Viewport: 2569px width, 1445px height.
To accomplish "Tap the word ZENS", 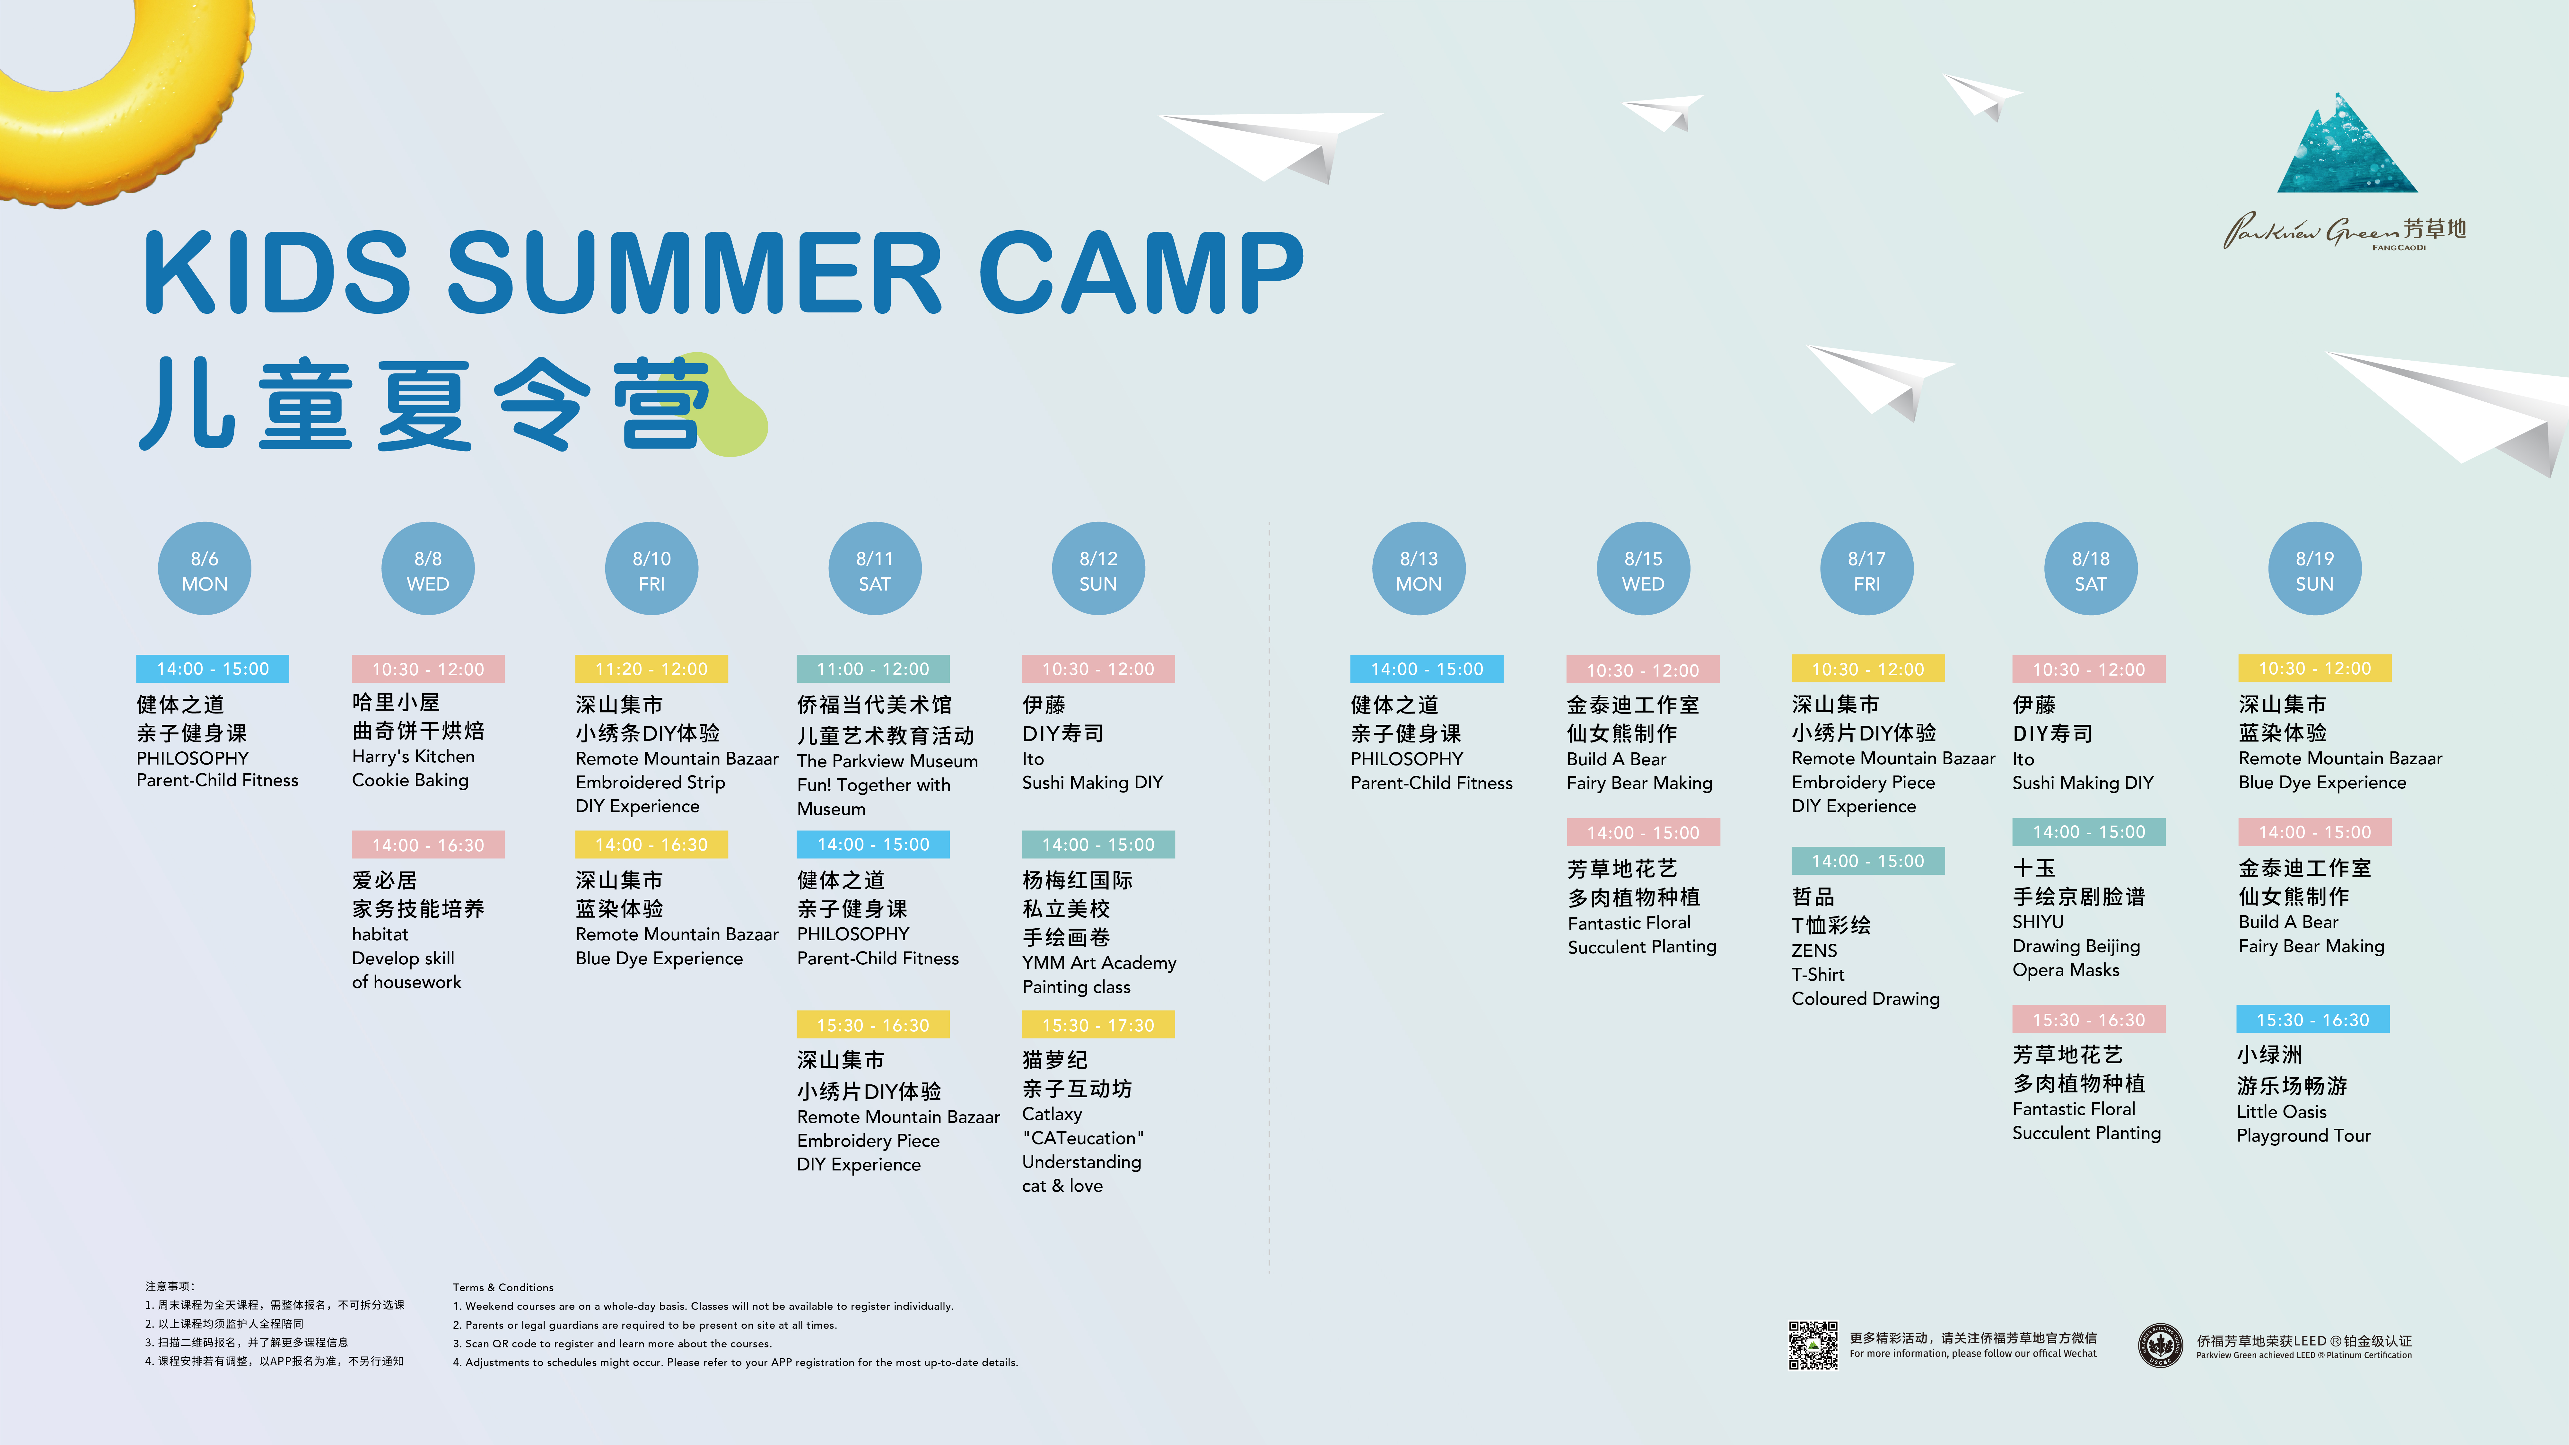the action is [1814, 950].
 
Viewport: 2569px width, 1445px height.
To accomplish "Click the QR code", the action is [1813, 1345].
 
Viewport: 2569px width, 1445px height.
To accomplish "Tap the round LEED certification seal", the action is [2160, 1345].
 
